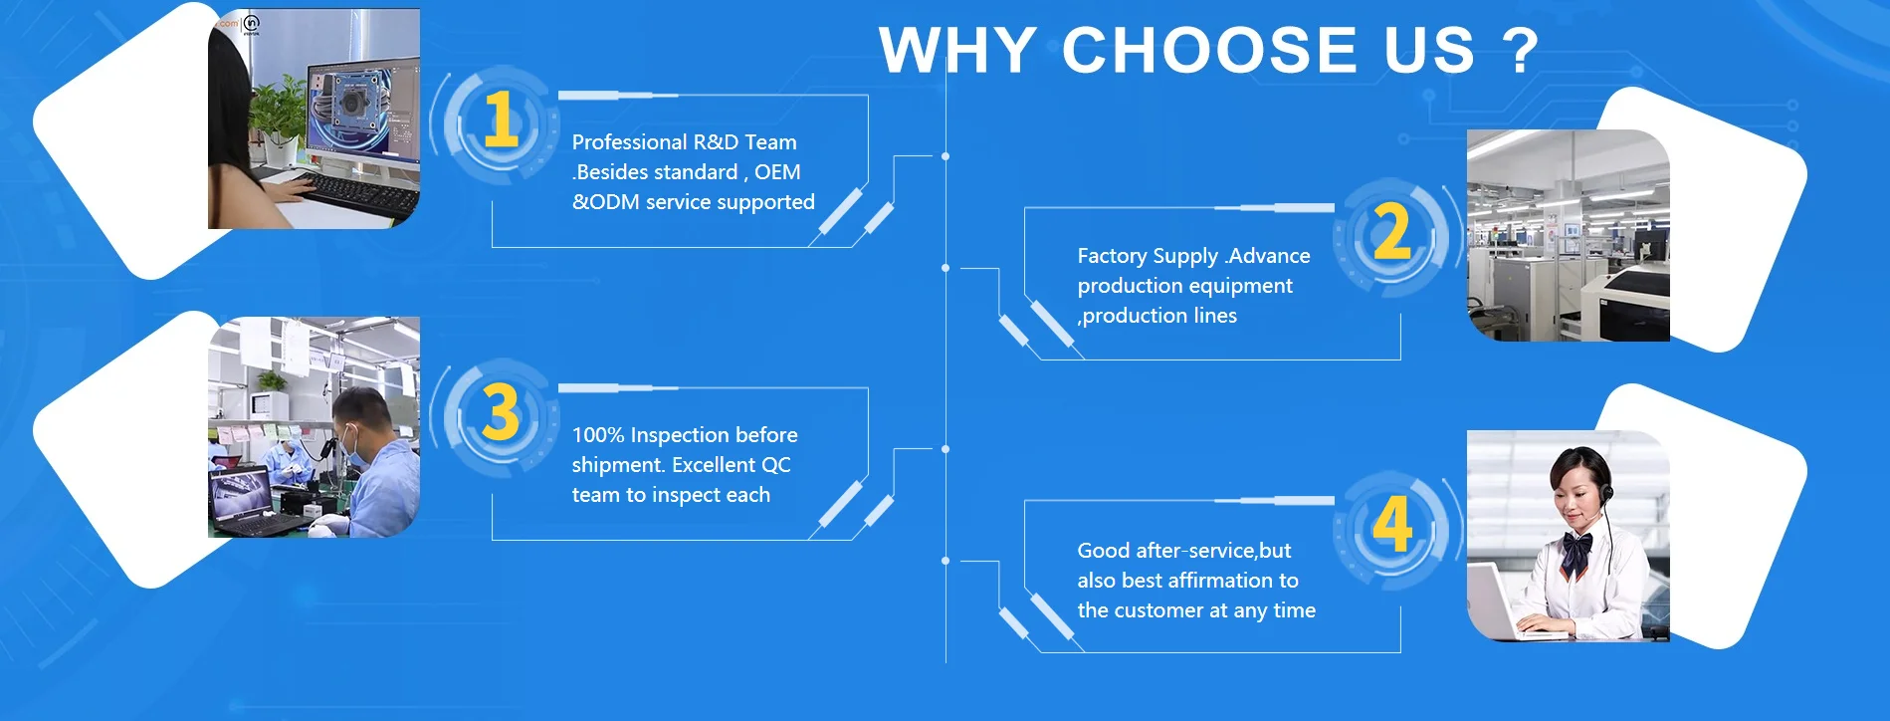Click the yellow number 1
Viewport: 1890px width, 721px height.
(501, 120)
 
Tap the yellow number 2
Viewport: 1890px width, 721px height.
(1391, 232)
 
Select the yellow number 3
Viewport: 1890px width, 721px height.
(501, 412)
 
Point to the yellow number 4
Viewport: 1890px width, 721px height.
(1392, 524)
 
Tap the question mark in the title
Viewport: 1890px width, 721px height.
(1520, 51)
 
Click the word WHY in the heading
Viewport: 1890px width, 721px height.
(957, 50)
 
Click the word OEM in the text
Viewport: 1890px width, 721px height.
(777, 172)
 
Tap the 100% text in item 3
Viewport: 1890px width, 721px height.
(597, 435)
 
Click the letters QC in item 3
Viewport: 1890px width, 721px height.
(775, 465)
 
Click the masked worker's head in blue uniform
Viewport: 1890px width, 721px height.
(360, 423)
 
